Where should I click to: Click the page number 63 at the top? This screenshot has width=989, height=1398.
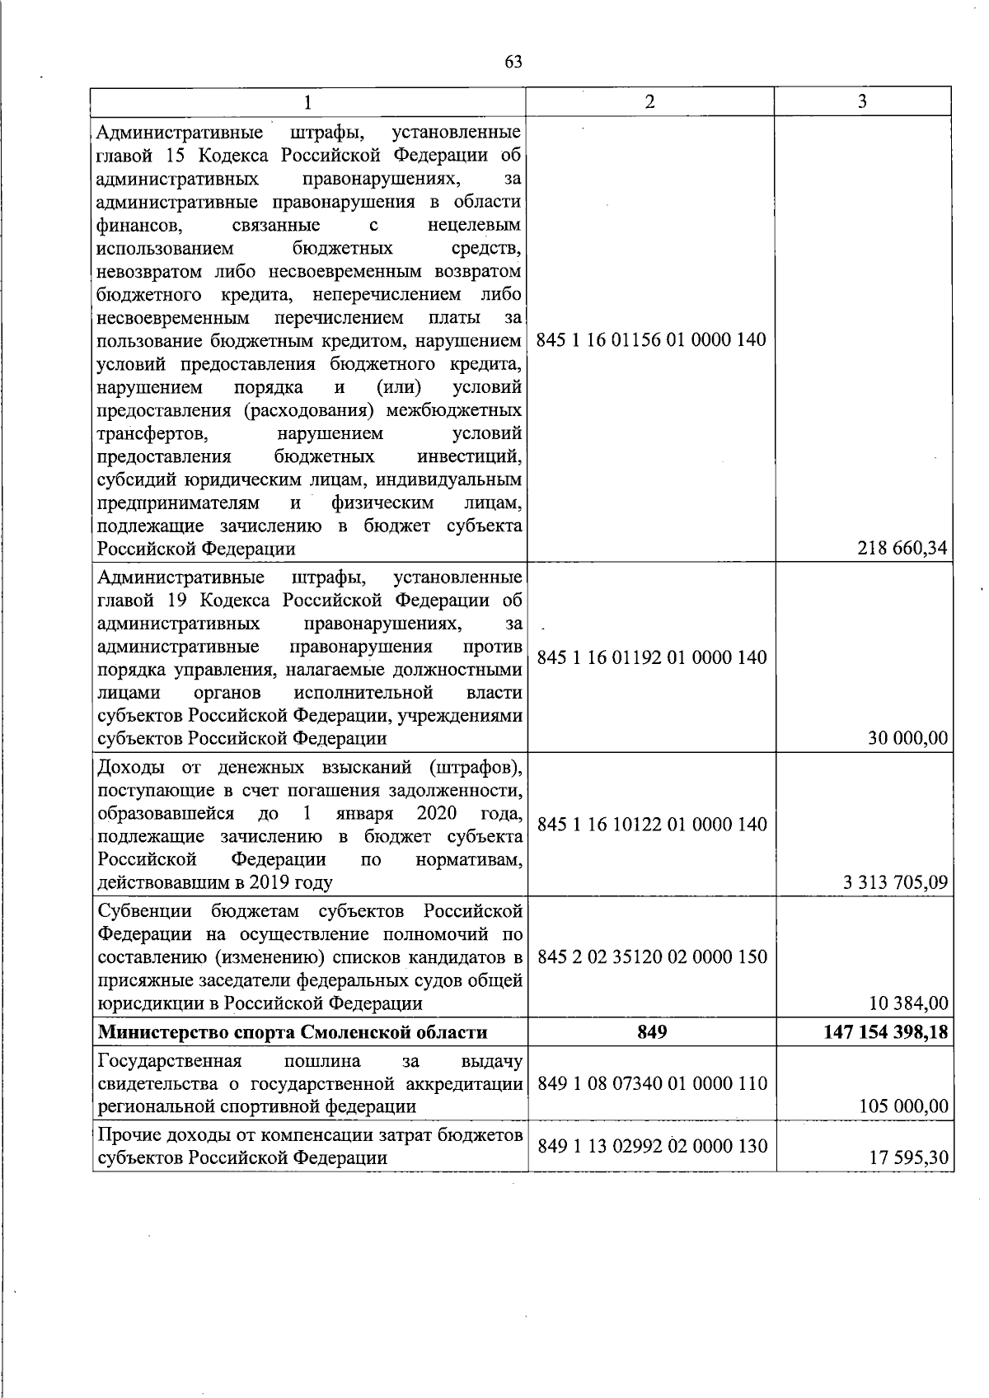(513, 63)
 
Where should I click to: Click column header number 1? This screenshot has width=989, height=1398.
(307, 102)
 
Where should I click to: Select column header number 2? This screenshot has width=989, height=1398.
(650, 101)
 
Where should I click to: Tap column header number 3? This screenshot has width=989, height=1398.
(862, 101)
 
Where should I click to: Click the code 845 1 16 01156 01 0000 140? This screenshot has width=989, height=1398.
(651, 339)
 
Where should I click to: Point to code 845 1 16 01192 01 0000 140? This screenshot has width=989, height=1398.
(651, 657)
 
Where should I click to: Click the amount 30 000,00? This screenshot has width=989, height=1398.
(907, 738)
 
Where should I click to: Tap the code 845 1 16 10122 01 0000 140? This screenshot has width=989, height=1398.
(651, 824)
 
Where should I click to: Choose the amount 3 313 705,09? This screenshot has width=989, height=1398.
(895, 883)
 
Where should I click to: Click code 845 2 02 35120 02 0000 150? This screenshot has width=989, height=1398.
(651, 956)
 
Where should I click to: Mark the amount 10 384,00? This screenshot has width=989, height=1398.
(908, 1003)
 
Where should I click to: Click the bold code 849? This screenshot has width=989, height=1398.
(651, 1032)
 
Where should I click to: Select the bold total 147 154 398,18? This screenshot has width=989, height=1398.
(886, 1032)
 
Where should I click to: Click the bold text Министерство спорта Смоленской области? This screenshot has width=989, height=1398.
(293, 1032)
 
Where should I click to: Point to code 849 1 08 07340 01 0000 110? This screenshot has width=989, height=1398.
(651, 1083)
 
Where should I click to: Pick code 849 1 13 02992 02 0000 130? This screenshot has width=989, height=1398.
(651, 1145)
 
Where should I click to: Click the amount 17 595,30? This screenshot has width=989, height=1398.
(909, 1157)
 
